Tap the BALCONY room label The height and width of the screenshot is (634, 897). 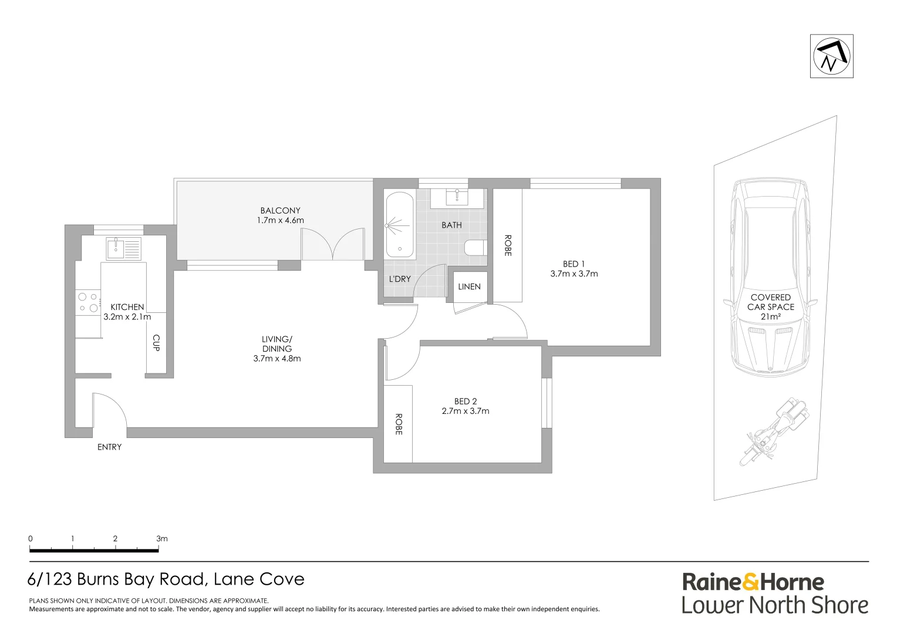point(281,210)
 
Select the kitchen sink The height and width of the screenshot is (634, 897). point(124,248)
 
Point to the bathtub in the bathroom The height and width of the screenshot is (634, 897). point(399,225)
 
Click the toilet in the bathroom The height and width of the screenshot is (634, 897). point(476,248)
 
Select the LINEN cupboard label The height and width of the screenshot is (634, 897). point(469,286)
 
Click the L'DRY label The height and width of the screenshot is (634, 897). point(400,279)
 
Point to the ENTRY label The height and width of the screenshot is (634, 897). point(109,447)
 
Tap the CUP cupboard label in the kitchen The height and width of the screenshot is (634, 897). point(157,343)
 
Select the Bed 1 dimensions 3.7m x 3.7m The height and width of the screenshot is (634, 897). point(574,274)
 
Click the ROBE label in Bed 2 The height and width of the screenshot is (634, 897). point(399,424)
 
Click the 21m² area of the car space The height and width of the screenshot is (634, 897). point(771,317)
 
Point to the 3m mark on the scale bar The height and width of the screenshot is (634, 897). point(162,539)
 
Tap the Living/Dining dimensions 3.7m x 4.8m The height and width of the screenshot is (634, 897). point(277,359)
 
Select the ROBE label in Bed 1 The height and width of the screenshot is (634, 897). point(508,245)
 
